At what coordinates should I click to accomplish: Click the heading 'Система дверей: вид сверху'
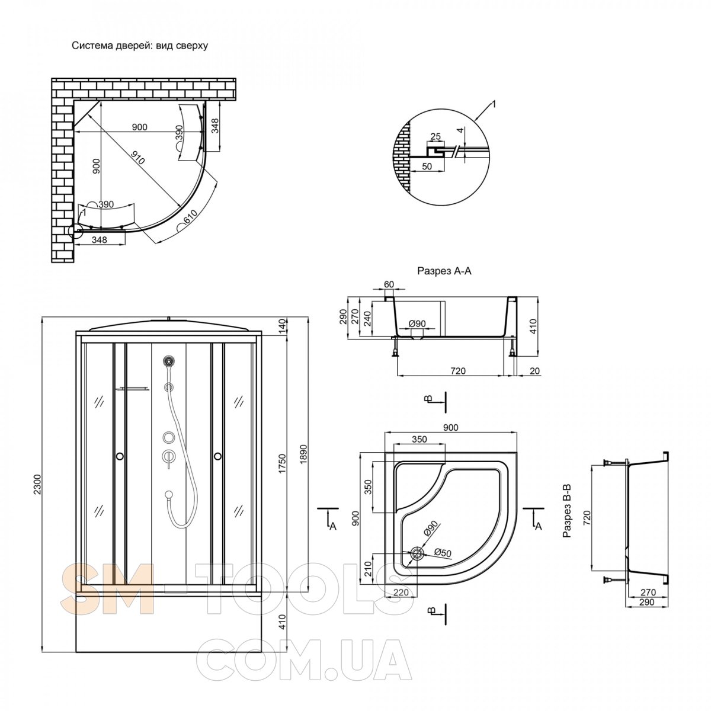click(140, 46)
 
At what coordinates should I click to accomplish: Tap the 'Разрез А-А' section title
click(444, 271)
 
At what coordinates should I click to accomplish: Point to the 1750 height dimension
click(282, 464)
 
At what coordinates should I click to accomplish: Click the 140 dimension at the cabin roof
click(281, 325)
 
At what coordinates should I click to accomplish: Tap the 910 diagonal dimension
click(139, 158)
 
